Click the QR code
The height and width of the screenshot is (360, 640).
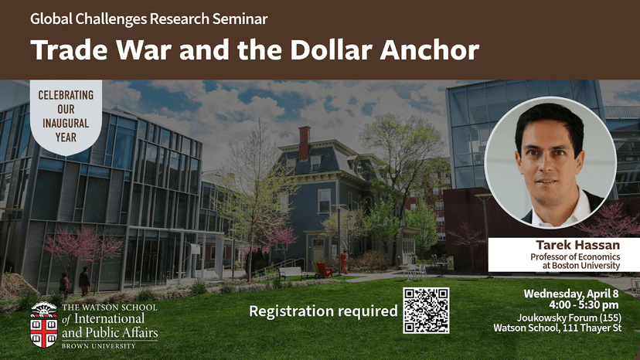[x=426, y=310]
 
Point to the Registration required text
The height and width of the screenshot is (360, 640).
[x=322, y=311]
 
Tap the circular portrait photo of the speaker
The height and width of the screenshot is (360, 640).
[x=551, y=162]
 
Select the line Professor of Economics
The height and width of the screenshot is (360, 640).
[x=585, y=256]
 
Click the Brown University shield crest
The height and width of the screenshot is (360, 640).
[x=43, y=324]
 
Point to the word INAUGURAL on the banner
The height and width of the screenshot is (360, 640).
[x=66, y=123]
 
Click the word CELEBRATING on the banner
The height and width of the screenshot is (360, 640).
[x=66, y=95]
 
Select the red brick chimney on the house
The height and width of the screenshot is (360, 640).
[x=304, y=142]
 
